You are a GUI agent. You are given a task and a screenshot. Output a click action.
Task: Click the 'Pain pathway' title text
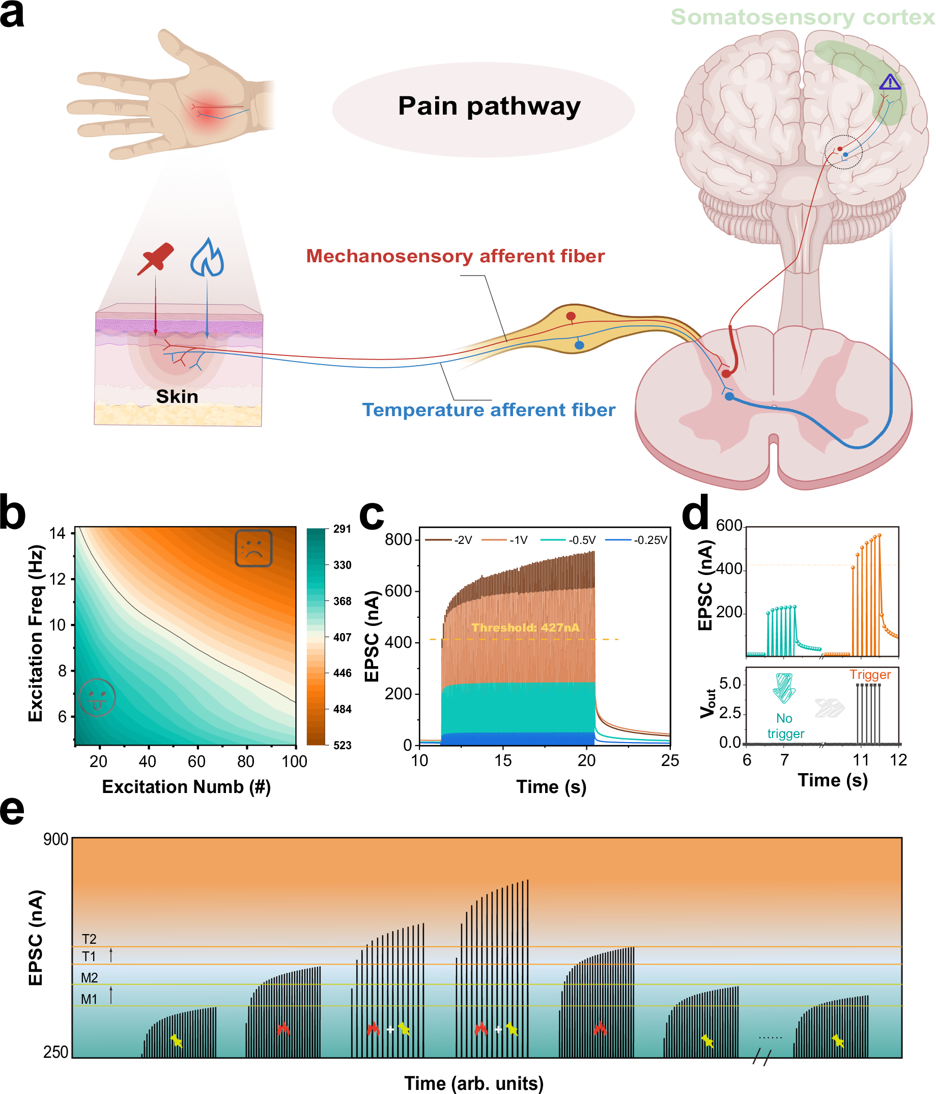pyautogui.click(x=489, y=106)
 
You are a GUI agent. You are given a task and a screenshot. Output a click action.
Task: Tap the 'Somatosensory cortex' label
pyautogui.click(x=802, y=17)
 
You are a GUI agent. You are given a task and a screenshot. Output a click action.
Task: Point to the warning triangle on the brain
pyautogui.click(x=890, y=83)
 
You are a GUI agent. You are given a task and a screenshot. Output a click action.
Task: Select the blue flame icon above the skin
pyautogui.click(x=207, y=258)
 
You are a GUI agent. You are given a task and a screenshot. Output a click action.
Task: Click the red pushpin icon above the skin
pyautogui.click(x=156, y=258)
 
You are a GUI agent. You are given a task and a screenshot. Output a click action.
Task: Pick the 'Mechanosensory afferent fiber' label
pyautogui.click(x=455, y=256)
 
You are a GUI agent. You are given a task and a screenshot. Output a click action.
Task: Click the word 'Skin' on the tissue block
pyautogui.click(x=177, y=397)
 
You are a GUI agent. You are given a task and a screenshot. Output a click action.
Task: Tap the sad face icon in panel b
pyautogui.click(x=253, y=548)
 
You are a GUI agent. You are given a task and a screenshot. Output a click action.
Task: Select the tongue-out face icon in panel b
pyautogui.click(x=97, y=697)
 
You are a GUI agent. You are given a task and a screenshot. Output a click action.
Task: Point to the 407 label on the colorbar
pyautogui.click(x=342, y=637)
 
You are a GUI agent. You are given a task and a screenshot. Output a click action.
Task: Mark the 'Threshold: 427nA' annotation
pyautogui.click(x=525, y=627)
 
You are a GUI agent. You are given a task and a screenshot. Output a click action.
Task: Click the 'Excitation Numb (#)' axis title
pyautogui.click(x=186, y=787)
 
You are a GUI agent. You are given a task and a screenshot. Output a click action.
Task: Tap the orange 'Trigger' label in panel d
pyautogui.click(x=869, y=674)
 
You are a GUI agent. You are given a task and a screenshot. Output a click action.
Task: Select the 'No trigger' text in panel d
pyautogui.click(x=785, y=725)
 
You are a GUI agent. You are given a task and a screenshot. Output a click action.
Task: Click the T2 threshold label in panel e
pyautogui.click(x=89, y=939)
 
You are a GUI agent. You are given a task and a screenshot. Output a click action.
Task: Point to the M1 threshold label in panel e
pyautogui.click(x=89, y=999)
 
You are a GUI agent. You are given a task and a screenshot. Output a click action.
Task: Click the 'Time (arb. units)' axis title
pyautogui.click(x=473, y=1083)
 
